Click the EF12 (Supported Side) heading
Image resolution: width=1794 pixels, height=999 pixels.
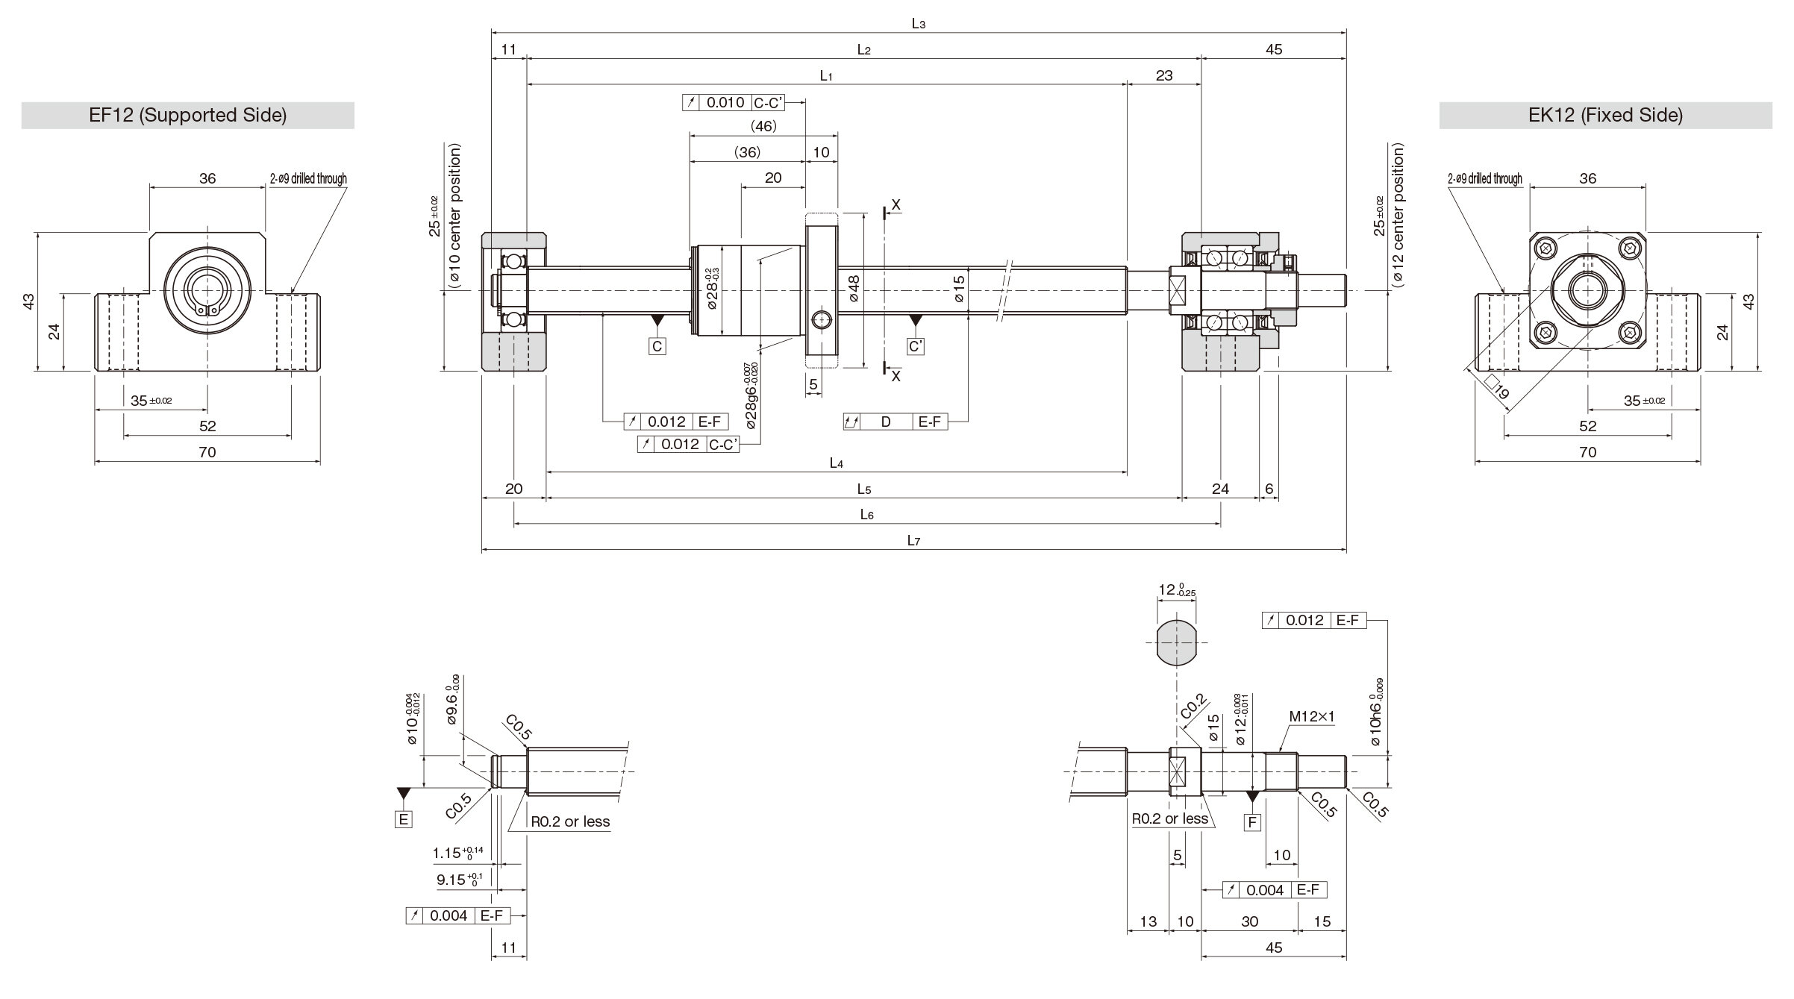[187, 115]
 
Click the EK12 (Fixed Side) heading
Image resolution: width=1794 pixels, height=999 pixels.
[1605, 115]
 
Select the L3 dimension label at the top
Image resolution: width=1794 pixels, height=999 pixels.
[919, 24]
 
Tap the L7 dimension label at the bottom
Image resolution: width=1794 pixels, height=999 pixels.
[913, 541]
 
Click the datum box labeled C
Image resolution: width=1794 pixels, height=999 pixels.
[657, 346]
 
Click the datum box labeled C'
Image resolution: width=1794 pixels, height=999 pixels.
[916, 346]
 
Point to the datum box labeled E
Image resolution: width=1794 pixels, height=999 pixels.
[404, 819]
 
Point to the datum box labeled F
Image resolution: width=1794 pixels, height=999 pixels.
[1252, 822]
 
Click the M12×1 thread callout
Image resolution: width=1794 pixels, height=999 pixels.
[1312, 717]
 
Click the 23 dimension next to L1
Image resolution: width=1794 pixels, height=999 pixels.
[1163, 75]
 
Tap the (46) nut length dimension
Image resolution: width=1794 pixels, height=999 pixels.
[763, 126]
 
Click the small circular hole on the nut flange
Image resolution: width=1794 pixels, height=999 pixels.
[822, 320]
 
